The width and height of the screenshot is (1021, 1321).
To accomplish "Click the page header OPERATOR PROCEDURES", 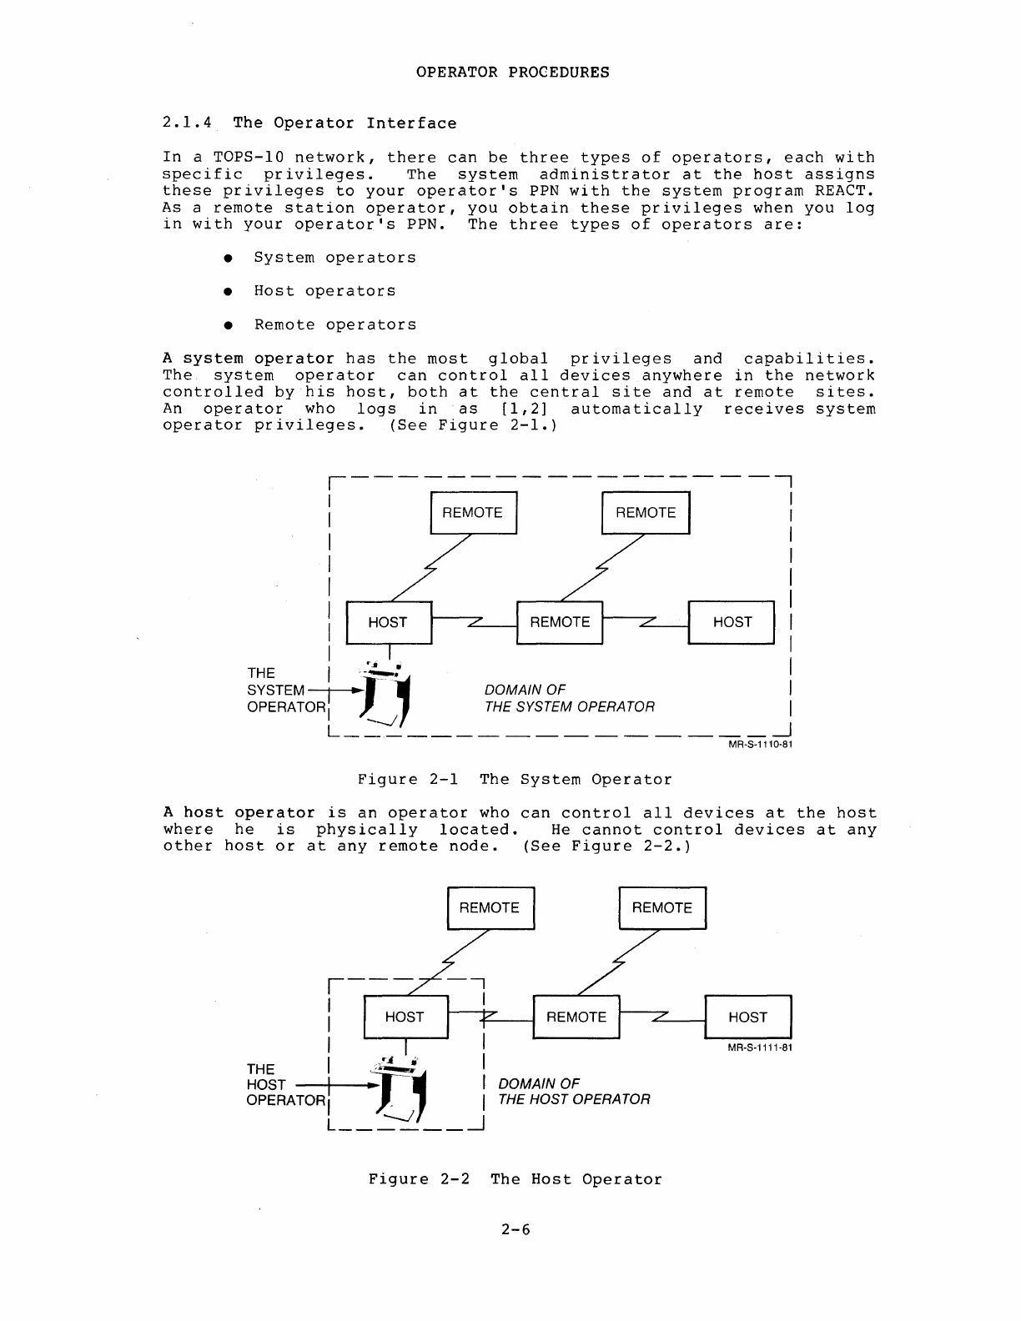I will click(x=512, y=73).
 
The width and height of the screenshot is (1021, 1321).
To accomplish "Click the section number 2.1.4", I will click(x=188, y=123).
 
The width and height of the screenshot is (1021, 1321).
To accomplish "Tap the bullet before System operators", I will click(x=226, y=259).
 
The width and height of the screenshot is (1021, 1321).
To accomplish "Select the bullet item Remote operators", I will click(x=334, y=325).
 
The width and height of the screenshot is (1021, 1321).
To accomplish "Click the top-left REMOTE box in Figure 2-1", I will click(x=473, y=513).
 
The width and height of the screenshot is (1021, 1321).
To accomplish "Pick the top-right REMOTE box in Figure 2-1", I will click(x=646, y=513).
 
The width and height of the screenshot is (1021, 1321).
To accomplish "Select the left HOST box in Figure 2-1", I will click(x=388, y=622).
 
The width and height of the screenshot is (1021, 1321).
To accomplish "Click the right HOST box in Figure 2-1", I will click(x=732, y=622).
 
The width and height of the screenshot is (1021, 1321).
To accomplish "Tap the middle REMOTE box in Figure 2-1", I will click(x=560, y=622).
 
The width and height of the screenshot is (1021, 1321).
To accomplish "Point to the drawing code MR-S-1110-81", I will click(x=759, y=746).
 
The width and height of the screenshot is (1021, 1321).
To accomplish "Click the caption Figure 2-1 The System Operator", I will click(x=514, y=780).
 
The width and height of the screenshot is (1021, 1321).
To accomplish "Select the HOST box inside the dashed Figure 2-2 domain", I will click(x=405, y=1017).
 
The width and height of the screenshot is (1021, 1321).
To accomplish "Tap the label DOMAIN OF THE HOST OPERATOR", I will click(x=573, y=1091).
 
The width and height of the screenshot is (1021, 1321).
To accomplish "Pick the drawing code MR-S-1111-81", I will click(x=759, y=1048).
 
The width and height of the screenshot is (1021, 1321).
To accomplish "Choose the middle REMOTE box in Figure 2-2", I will click(x=576, y=1017).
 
